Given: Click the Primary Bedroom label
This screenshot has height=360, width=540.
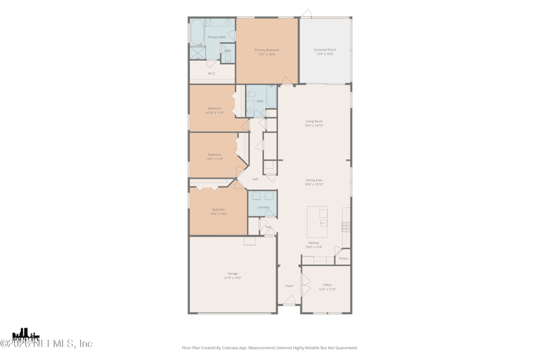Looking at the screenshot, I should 267,50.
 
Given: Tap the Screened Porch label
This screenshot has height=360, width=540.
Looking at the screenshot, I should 324,49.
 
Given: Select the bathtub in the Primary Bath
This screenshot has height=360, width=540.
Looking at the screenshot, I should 197,32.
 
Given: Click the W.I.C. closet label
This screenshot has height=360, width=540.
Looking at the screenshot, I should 211,73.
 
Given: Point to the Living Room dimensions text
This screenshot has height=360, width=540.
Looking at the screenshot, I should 314,126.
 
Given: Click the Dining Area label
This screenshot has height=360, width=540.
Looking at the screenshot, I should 314,180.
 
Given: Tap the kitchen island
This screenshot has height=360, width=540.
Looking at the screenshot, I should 317,222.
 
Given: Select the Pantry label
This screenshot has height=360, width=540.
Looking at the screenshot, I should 343,258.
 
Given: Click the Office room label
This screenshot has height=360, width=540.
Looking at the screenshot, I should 327,285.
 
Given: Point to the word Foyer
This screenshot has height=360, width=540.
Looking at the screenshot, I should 289,286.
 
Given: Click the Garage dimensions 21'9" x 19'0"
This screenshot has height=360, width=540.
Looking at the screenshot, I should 232,278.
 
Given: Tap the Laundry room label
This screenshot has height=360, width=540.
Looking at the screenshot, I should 263,207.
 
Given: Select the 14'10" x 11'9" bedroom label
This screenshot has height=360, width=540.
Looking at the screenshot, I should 215,108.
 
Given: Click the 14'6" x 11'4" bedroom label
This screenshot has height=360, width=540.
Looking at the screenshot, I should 215,155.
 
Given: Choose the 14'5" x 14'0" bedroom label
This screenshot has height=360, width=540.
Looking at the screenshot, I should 219,209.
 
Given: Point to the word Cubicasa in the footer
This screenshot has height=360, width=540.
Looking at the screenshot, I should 248,348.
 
